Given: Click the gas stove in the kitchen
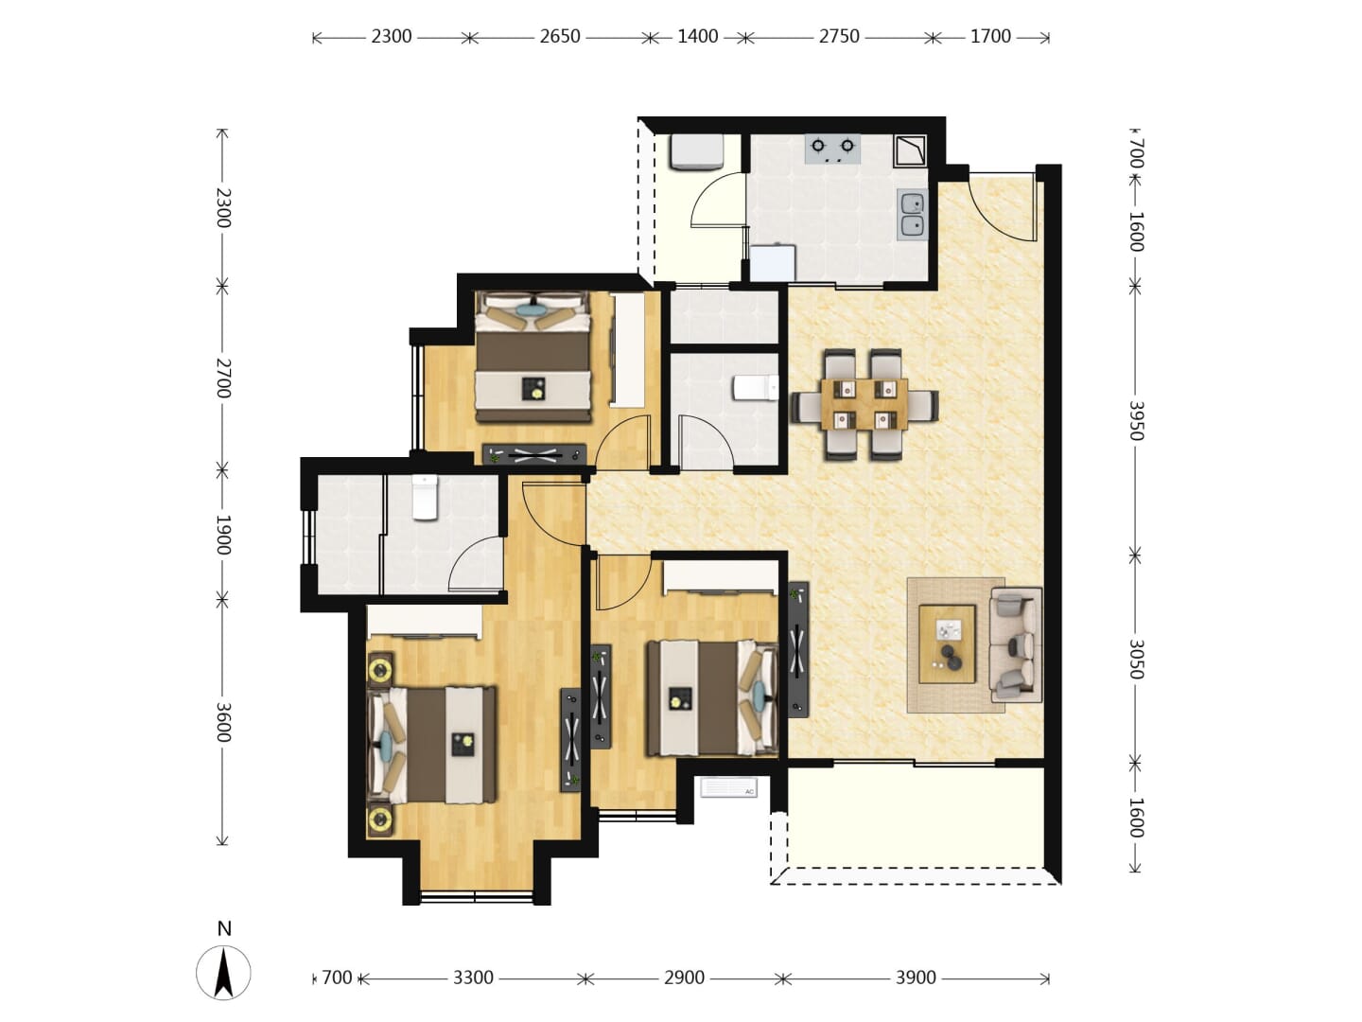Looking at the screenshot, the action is (832, 149).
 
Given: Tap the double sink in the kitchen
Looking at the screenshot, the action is (912, 214).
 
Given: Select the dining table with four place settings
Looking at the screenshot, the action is (864, 404).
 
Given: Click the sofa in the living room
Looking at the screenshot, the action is (1015, 644).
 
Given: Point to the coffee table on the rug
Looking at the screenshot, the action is (946, 644).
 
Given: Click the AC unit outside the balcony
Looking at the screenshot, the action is (728, 787).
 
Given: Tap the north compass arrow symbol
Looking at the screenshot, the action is (223, 973).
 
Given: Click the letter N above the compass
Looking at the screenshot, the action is (224, 929).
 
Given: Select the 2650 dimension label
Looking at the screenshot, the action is (560, 37).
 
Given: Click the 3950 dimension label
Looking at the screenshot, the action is (1136, 421).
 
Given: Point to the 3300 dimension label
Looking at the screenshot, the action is (473, 978).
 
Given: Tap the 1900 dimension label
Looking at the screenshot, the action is (223, 535).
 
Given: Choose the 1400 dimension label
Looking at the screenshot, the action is (697, 37).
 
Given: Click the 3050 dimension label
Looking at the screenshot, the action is (1136, 659).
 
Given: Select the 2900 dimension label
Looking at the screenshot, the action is (684, 978).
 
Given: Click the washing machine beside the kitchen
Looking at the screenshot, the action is (696, 152).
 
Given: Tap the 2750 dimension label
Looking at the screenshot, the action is (839, 37).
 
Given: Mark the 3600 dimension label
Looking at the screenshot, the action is (223, 722).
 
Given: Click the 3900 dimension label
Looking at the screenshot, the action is (916, 978).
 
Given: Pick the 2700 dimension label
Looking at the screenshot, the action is (223, 378).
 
